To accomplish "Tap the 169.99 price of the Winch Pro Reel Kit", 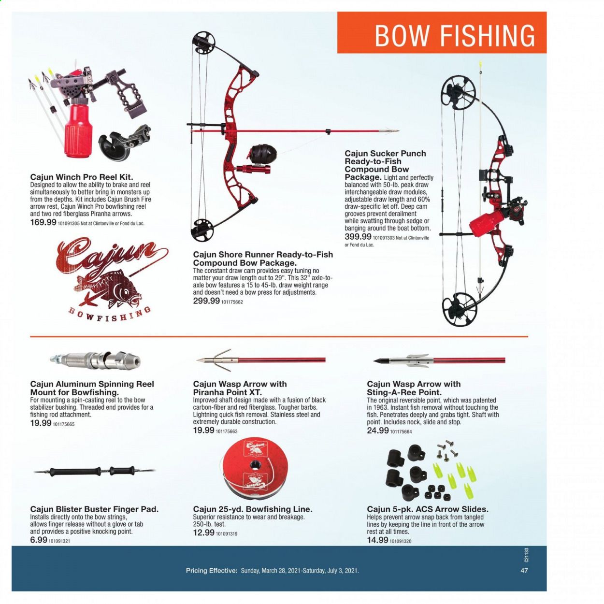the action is click(43, 223).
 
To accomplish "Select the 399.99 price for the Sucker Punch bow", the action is click(358, 237).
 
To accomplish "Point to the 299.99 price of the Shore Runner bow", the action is click(206, 301).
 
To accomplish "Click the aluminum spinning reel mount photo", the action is click(95, 360).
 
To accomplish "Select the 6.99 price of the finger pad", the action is click(39, 540).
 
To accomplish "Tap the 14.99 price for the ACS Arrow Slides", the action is click(378, 540).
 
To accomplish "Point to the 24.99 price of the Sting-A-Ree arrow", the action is click(378, 430).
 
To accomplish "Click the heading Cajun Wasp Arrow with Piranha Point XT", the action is click(240, 388).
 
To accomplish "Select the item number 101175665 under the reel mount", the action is click(64, 424).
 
